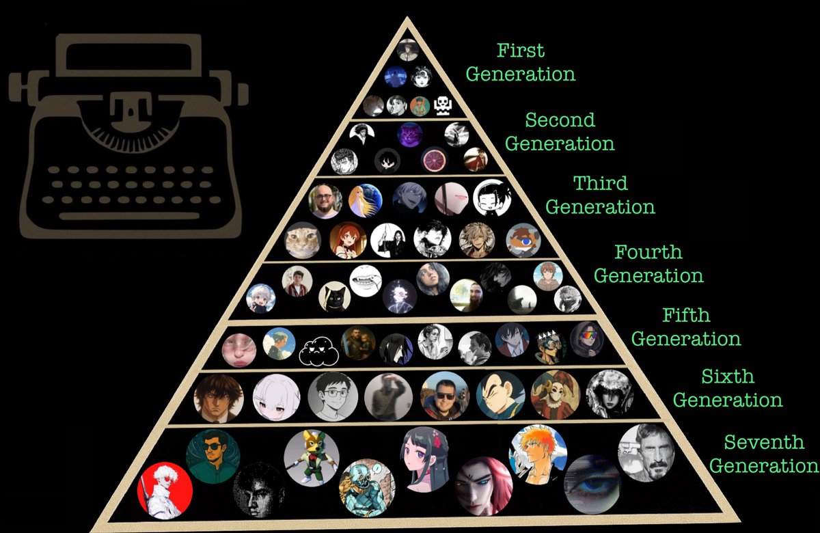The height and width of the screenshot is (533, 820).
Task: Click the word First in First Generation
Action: click(521, 51)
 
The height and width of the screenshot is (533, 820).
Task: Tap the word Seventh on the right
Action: click(764, 443)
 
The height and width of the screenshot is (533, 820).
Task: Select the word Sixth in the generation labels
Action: click(727, 377)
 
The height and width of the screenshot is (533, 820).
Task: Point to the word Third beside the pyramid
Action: click(601, 183)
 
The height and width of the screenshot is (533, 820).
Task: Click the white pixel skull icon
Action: click(443, 105)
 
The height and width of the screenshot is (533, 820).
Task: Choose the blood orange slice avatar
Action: click(434, 160)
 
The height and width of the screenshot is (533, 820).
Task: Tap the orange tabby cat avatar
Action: click(303, 240)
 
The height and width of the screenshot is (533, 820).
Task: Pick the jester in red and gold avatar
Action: click(555, 394)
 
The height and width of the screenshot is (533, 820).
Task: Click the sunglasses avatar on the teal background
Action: click(213, 457)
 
